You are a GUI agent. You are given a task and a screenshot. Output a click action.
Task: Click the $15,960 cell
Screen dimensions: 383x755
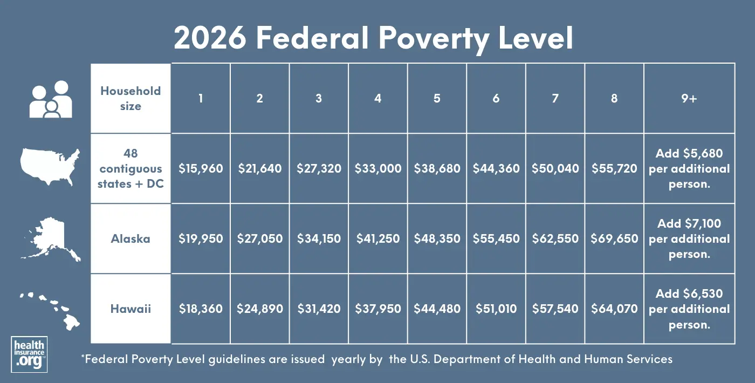tap(201, 168)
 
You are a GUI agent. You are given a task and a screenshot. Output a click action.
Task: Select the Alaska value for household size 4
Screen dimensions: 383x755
tap(377, 238)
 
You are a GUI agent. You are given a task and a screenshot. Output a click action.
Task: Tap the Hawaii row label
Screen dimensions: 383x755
tap(131, 309)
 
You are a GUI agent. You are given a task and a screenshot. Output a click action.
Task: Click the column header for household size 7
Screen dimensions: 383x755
tap(555, 98)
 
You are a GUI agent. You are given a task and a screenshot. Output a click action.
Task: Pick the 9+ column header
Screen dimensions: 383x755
tap(689, 98)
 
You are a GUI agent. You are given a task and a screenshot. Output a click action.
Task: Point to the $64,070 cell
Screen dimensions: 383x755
tap(614, 309)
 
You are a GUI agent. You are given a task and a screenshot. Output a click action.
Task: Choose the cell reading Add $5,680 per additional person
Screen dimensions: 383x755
tap(689, 168)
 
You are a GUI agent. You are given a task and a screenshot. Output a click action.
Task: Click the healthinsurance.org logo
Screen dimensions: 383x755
tap(29, 354)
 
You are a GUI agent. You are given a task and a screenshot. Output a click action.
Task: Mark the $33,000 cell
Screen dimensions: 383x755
tap(377, 168)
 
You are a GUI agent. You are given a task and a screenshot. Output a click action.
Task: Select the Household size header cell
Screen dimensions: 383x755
tap(131, 98)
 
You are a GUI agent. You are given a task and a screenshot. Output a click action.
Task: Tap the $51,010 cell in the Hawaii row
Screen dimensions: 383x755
tap(496, 309)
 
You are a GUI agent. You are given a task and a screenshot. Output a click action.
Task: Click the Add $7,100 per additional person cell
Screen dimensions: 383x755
tap(689, 238)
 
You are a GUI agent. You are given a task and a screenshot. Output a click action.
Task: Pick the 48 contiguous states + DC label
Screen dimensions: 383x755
tap(131, 168)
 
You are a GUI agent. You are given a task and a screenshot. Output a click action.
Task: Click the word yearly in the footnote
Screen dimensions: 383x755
tap(349, 359)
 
